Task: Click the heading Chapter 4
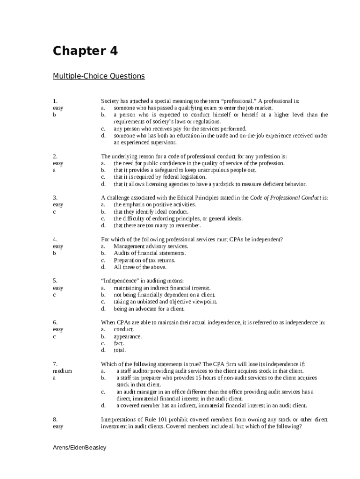tap(85, 51)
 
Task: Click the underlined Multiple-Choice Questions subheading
tap(99, 76)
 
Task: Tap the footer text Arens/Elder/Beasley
tap(79, 448)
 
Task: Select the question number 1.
tap(55, 101)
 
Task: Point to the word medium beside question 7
tap(62, 371)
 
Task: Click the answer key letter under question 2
tap(54, 170)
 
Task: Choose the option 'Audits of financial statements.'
tap(150, 253)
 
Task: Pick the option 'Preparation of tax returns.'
tap(144, 260)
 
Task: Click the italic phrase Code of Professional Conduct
tap(285, 198)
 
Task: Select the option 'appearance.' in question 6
tap(128, 336)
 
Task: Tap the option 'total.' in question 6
tap(120, 350)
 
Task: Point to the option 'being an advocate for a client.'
tap(149, 309)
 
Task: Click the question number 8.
tap(55, 420)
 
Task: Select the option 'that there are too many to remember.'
tap(157, 225)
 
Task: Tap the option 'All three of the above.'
tap(140, 267)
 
